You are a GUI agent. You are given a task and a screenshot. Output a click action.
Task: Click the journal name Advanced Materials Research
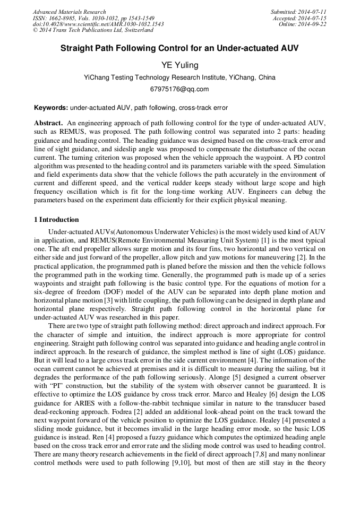click(x=69, y=12)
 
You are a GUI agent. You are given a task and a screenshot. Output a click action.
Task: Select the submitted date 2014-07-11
click(x=313, y=12)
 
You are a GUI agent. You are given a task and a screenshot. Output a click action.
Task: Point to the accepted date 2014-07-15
click(x=313, y=18)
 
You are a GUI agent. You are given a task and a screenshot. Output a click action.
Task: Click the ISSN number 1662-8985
click(x=64, y=18)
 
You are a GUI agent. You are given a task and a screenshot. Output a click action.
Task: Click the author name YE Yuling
click(x=179, y=65)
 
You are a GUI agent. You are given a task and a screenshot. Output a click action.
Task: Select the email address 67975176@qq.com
click(x=179, y=89)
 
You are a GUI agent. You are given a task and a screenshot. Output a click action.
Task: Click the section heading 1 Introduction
click(x=56, y=220)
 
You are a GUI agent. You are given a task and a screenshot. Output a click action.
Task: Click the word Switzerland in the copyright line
click(x=136, y=31)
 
